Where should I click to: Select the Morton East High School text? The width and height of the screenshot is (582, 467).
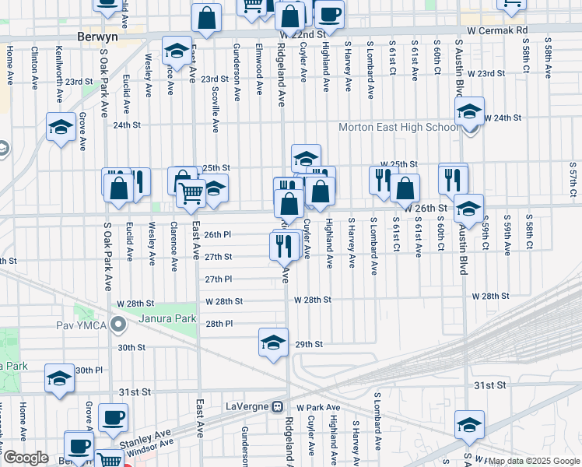398,128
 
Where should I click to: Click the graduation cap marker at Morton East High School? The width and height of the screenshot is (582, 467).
470,112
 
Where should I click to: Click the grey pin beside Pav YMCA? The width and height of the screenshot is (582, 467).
118,323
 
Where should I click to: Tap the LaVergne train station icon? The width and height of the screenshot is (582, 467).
276,406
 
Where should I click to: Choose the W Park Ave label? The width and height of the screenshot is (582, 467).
318,407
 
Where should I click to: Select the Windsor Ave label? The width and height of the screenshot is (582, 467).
146,450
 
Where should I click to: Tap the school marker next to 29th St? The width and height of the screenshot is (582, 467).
273,342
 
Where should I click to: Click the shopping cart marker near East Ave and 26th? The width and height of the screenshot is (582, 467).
191,193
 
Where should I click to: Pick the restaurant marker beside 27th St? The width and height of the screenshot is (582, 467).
284,245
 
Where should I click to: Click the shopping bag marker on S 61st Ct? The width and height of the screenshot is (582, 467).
405,188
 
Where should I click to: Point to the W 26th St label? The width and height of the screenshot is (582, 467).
425,209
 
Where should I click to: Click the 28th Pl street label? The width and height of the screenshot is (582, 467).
219,323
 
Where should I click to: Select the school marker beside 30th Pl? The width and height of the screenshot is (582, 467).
59,379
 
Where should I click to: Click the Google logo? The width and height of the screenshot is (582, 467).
26,458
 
